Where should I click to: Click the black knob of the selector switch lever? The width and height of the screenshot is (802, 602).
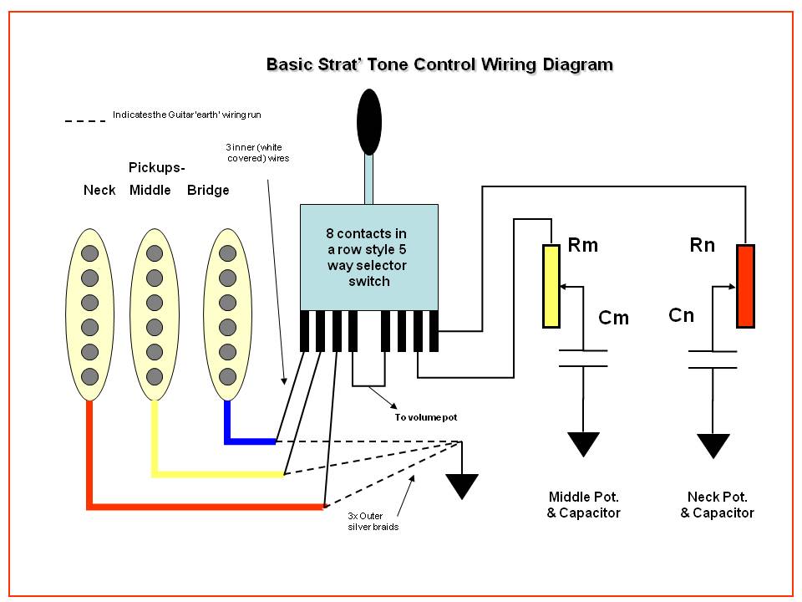click(368, 122)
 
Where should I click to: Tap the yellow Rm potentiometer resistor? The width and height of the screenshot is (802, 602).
click(551, 286)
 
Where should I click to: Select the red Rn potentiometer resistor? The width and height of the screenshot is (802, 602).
click(745, 286)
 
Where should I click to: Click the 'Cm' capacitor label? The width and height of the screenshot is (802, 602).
click(613, 318)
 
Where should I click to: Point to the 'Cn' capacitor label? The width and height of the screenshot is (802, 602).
click(682, 315)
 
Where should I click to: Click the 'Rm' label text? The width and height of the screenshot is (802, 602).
click(582, 245)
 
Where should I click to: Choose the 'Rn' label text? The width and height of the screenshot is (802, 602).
click(703, 245)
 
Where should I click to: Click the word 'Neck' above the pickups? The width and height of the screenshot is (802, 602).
click(99, 190)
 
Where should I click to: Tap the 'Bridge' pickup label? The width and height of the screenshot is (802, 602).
click(208, 191)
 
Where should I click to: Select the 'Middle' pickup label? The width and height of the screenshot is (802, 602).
click(150, 190)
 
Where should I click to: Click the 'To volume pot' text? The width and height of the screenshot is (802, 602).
click(425, 417)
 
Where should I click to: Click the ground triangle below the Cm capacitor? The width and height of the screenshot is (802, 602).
click(583, 444)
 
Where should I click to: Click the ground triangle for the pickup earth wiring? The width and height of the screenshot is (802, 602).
click(462, 486)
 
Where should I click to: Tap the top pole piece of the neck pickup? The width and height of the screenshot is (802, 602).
click(89, 253)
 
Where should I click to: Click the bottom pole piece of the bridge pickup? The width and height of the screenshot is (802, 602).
click(227, 377)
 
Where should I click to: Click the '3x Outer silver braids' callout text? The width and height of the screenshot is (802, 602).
click(373, 521)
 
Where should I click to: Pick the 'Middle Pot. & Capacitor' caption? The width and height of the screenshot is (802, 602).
click(583, 505)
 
